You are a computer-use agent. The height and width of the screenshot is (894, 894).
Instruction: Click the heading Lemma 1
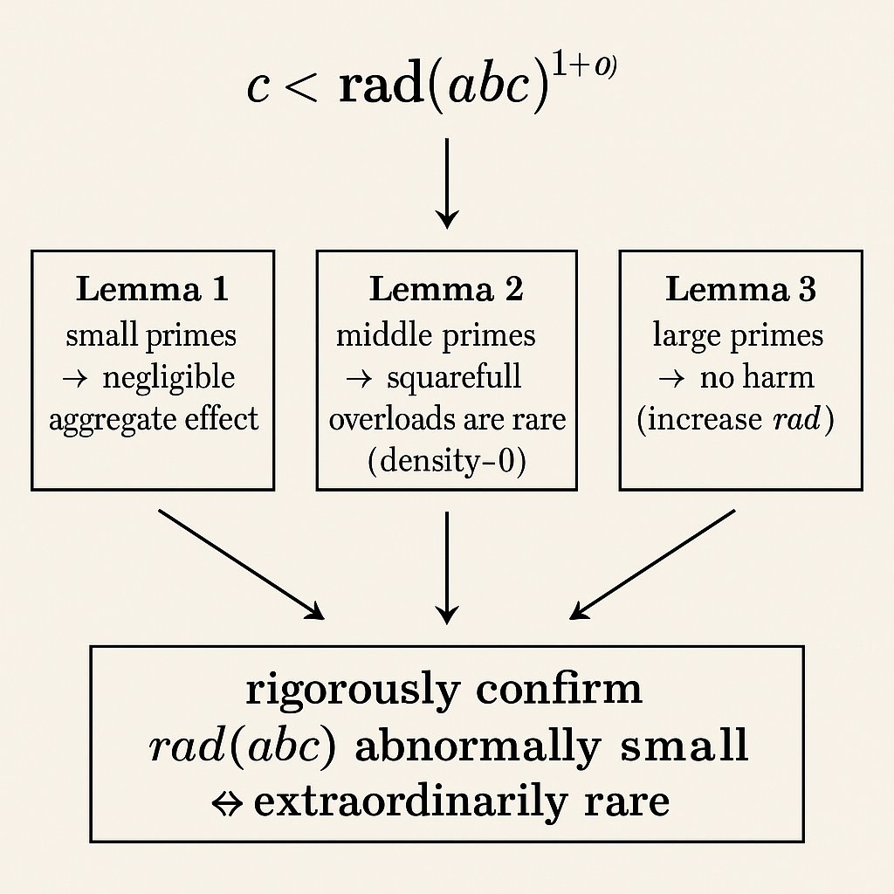(x=152, y=289)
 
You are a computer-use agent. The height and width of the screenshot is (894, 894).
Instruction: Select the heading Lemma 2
(x=446, y=289)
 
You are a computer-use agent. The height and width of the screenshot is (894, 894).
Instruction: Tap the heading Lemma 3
(x=740, y=289)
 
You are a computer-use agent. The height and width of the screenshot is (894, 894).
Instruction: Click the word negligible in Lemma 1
(x=168, y=378)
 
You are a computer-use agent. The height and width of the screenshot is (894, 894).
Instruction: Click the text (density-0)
(x=447, y=460)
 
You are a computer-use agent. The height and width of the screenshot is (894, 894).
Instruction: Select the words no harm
(x=756, y=377)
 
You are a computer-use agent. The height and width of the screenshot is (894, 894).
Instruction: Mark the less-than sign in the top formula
(x=300, y=90)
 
